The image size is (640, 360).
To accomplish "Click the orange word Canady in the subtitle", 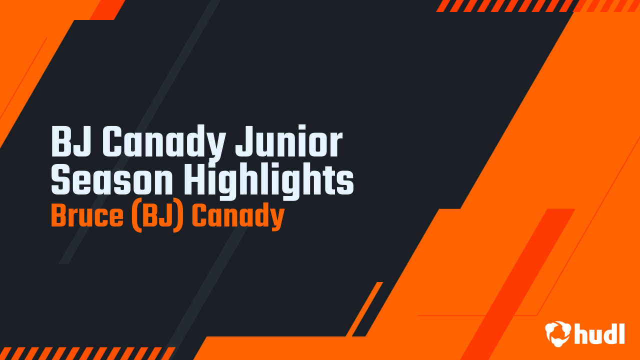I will pos(238,216).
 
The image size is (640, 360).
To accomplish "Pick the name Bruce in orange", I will pos(87,216).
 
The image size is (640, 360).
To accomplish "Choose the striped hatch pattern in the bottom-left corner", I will pos(85,353).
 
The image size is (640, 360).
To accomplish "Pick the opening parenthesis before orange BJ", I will pos(135,216).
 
